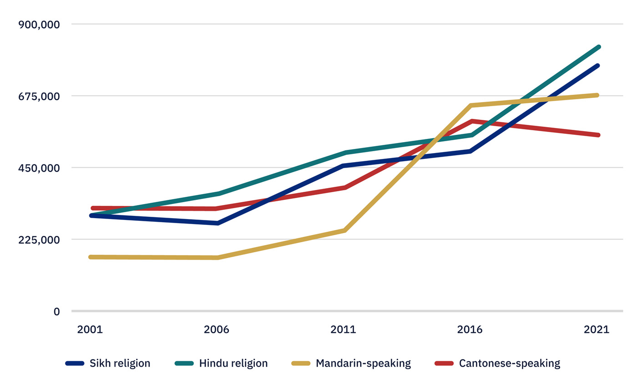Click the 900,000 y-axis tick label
click(x=39, y=25)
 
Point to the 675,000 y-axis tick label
click(x=39, y=96)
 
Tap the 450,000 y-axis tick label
click(x=39, y=168)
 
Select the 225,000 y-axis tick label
click(x=39, y=240)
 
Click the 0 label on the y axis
click(x=56, y=312)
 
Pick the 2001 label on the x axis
click(x=90, y=330)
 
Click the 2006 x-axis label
click(x=217, y=330)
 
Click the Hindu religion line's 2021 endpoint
click(x=599, y=47)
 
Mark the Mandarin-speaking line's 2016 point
click(x=471, y=106)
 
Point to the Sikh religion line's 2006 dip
click(x=218, y=223)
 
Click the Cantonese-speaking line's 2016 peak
click(x=472, y=121)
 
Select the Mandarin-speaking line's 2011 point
click(x=345, y=231)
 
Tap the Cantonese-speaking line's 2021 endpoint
click(x=599, y=135)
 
